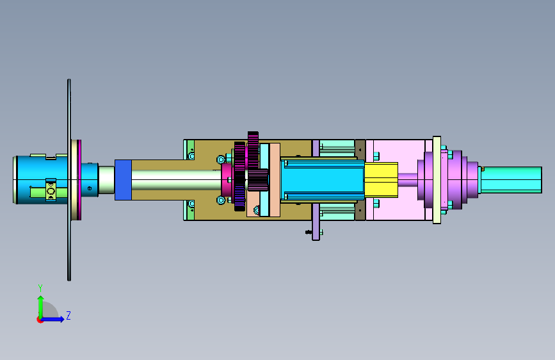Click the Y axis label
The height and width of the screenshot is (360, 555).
click(x=40, y=288)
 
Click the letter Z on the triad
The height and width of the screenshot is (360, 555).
click(x=68, y=315)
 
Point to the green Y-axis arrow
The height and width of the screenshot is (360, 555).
click(x=41, y=307)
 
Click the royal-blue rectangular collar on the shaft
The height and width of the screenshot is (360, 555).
click(x=123, y=180)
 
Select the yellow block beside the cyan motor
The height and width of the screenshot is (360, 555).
click(x=382, y=179)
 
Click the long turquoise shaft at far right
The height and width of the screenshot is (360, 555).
click(x=511, y=180)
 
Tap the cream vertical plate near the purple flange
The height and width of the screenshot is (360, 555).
click(x=437, y=180)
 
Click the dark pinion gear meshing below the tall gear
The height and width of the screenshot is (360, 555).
click(x=257, y=180)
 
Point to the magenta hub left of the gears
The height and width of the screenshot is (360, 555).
click(x=227, y=180)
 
